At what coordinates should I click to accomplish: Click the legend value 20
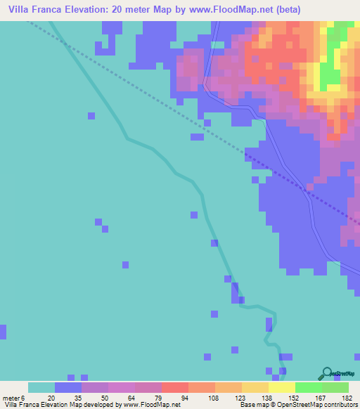coord(51,397)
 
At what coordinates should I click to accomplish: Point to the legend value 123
coord(240,397)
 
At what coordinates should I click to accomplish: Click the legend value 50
coord(105,397)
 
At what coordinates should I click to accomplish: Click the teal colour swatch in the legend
coord(41,387)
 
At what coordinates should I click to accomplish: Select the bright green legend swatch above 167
coord(309,387)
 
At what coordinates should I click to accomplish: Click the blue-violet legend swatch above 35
coord(68,387)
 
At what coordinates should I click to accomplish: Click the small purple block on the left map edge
coord(3,332)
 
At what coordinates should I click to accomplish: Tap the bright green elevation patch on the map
coord(328,77)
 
